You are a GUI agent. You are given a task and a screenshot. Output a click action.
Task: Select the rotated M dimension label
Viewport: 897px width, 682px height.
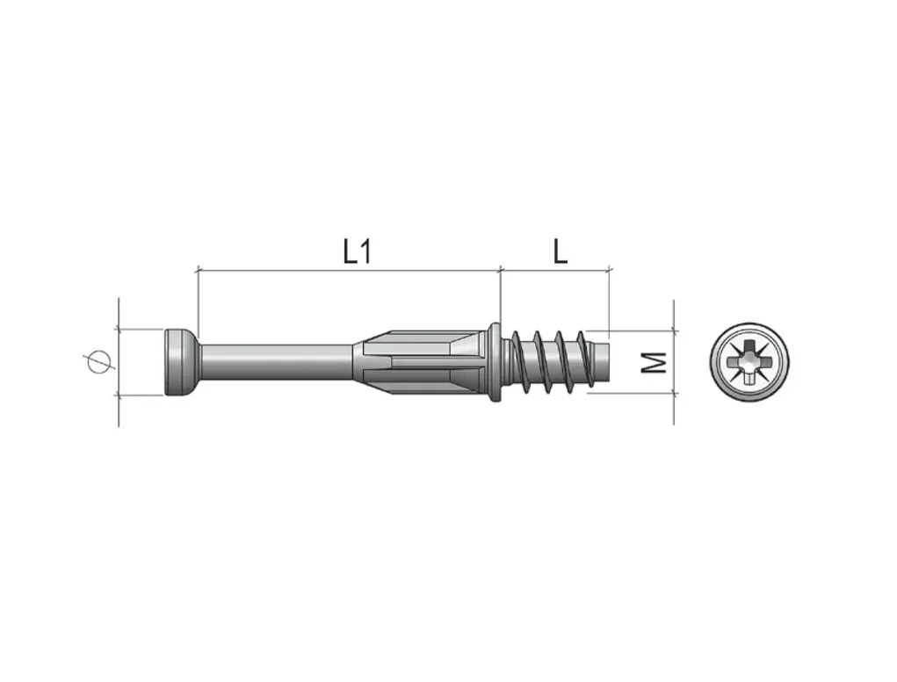click(x=654, y=362)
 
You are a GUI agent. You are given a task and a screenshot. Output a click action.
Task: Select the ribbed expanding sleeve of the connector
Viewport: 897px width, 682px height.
click(x=421, y=362)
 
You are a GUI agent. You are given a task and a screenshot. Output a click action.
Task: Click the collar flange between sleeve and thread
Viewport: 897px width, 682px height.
click(x=495, y=362)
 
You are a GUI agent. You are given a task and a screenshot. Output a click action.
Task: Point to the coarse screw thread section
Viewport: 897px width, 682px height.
click(x=549, y=362)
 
